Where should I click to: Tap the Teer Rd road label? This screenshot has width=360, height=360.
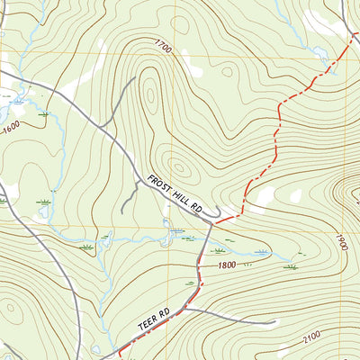click(155, 322)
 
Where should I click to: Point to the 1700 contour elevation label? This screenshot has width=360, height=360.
click(162, 44)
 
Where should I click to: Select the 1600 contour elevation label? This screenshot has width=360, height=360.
click(11, 128)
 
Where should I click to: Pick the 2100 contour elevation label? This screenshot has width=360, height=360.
click(311, 337)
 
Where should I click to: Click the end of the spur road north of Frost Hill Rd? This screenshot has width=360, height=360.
click(136, 78)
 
